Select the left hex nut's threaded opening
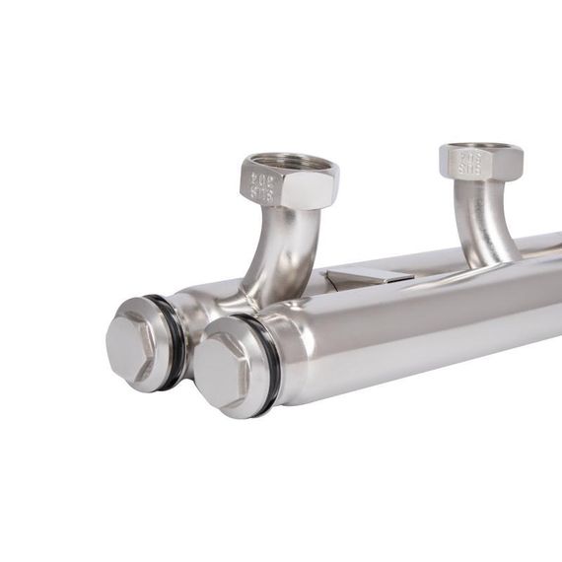pyautogui.click(x=291, y=163)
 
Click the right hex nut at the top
pyautogui.click(x=479, y=161)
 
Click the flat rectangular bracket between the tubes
pyautogui.click(x=367, y=277)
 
